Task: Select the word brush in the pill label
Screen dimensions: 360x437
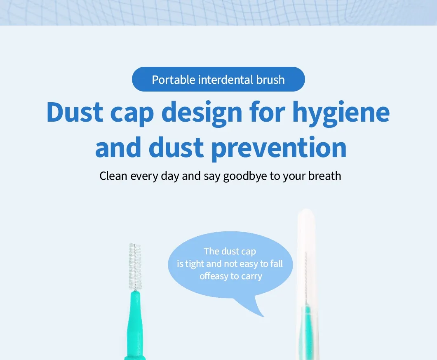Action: tap(270, 80)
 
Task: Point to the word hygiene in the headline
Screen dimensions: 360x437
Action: tap(341, 112)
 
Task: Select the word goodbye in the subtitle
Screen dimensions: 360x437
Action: tap(245, 176)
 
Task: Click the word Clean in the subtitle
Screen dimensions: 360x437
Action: tap(114, 176)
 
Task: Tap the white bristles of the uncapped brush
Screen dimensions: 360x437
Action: tap(134, 266)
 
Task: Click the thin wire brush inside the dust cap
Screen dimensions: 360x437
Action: tap(306, 276)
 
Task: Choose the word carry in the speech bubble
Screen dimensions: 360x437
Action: tap(251, 276)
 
